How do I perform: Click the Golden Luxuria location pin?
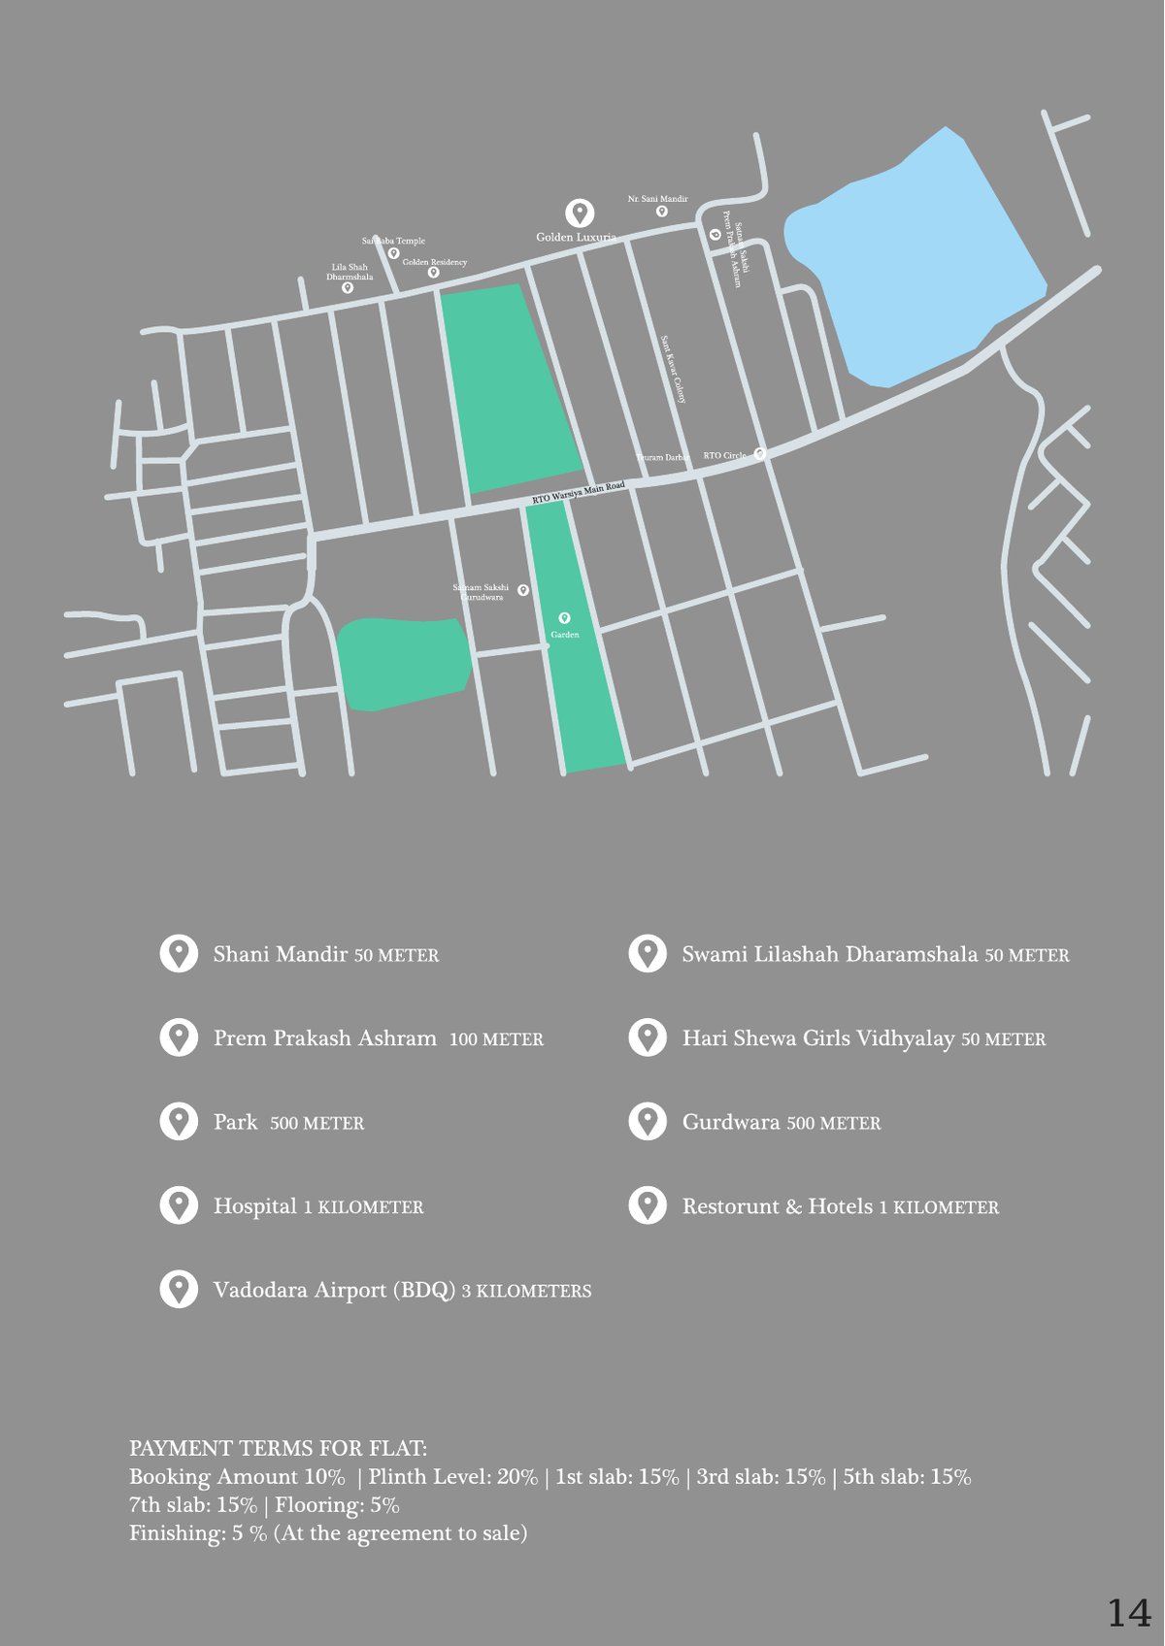[x=580, y=213]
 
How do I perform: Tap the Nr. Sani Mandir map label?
[x=657, y=199]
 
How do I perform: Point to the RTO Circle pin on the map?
[x=760, y=453]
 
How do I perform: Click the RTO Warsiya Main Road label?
[x=579, y=493]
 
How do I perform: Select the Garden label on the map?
[x=565, y=635]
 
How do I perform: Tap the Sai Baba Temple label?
[x=393, y=241]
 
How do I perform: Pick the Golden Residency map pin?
[x=433, y=273]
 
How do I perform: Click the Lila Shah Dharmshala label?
[x=349, y=272]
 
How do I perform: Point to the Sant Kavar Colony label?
[x=674, y=370]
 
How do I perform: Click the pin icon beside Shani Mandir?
[x=179, y=954]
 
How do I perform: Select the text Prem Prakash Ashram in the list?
[x=325, y=1038]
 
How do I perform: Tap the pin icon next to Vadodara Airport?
[x=179, y=1290]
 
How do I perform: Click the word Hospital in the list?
[x=255, y=1206]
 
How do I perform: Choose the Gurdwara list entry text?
[x=731, y=1123]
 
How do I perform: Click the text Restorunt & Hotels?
[x=778, y=1206]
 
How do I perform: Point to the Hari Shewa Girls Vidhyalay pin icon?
[x=648, y=1038]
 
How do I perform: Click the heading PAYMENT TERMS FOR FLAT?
[x=278, y=1448]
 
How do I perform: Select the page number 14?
[x=1129, y=1613]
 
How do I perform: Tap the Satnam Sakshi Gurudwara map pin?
[x=523, y=590]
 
